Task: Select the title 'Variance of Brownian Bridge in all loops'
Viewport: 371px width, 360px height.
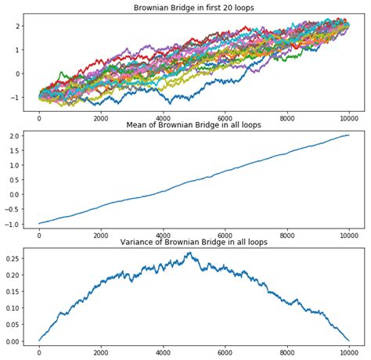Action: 193,242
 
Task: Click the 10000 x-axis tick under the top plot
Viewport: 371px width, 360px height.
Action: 349,118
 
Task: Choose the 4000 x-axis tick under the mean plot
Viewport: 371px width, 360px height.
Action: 163,235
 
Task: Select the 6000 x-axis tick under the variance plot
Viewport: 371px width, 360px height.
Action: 225,352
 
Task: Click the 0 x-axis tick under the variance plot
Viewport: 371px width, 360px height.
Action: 39,352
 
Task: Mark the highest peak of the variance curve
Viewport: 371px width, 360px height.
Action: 189,253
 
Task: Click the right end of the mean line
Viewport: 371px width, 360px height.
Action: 349,135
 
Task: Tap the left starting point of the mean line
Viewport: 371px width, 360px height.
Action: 39,224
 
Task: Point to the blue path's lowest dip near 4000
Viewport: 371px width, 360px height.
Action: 165,103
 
